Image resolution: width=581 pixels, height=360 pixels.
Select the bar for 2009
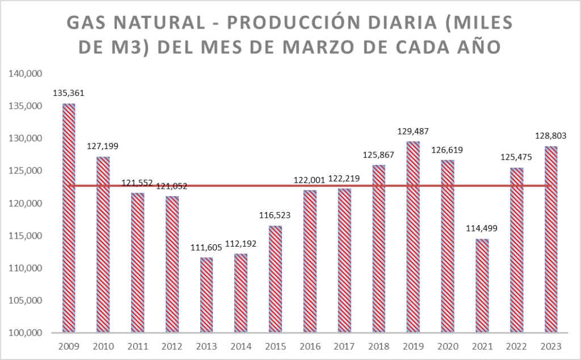(69, 218)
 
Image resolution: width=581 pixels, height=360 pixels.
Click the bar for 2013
(207, 295)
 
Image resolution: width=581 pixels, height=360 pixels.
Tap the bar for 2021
(482, 286)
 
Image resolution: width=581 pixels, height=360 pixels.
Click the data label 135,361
(69, 93)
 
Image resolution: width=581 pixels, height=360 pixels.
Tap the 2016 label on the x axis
(310, 346)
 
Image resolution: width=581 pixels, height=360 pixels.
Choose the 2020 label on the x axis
(448, 346)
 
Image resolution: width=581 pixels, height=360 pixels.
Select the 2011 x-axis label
(138, 346)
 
